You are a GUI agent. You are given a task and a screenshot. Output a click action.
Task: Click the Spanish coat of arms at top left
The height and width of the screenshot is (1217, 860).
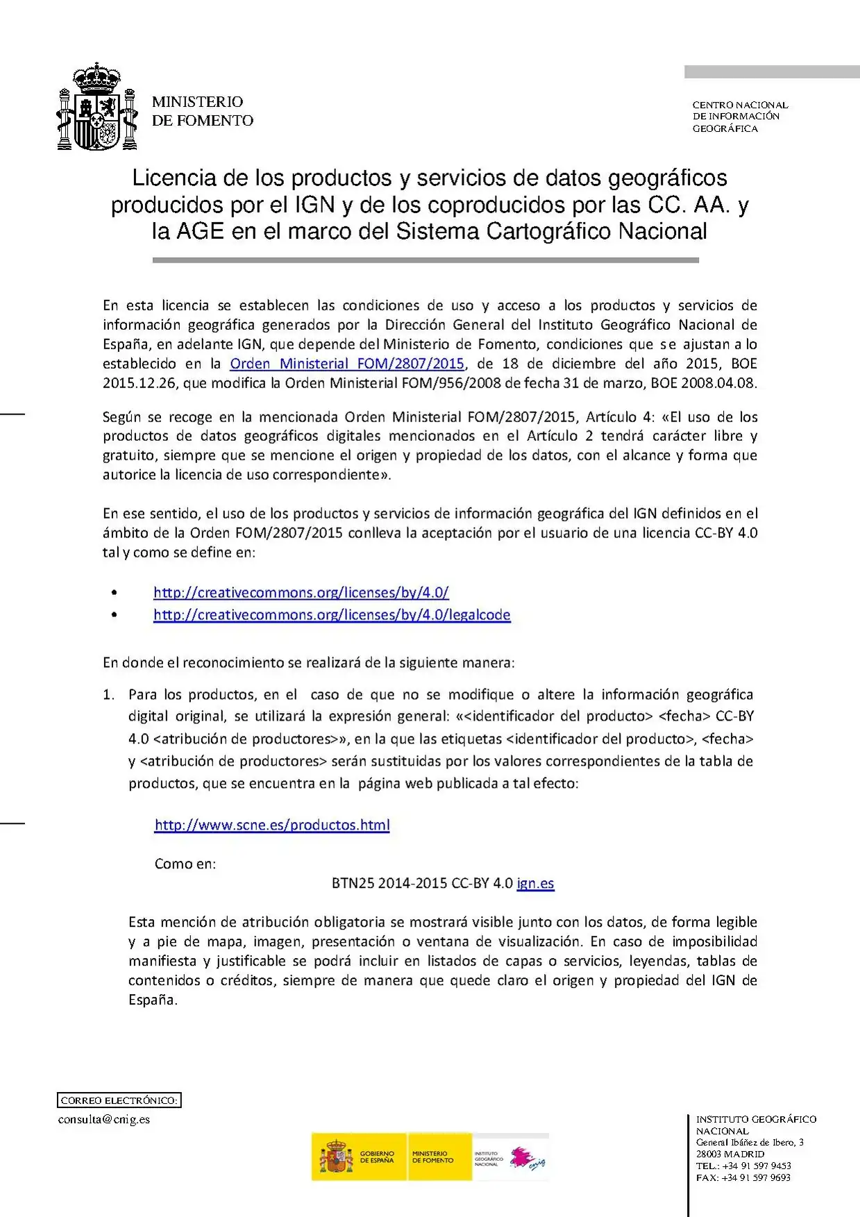(x=96, y=108)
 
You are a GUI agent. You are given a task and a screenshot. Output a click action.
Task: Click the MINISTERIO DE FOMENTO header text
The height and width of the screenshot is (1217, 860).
(x=202, y=111)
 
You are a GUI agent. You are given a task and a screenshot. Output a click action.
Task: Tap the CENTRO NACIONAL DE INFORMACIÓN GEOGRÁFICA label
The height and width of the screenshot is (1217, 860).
(x=739, y=117)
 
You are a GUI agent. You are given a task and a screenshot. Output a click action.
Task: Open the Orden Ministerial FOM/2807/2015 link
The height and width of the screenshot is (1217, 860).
(x=347, y=364)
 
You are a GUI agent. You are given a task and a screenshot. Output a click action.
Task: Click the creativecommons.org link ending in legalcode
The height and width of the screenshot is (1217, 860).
(x=332, y=615)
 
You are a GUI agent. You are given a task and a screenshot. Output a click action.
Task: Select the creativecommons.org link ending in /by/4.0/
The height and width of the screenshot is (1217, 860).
(x=301, y=593)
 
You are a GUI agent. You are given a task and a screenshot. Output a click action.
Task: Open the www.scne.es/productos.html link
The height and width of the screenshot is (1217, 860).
(x=272, y=825)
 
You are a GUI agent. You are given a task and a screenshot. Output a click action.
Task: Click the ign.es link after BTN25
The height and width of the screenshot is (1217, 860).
(x=535, y=884)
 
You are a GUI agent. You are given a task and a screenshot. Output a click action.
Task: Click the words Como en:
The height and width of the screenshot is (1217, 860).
(x=185, y=864)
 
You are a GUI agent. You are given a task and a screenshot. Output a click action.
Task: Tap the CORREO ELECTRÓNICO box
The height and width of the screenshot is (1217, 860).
(x=119, y=1100)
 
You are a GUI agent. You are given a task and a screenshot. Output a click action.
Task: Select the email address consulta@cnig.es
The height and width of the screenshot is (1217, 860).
(x=104, y=1119)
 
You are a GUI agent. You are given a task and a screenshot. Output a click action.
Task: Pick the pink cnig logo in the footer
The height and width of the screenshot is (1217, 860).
(x=528, y=1157)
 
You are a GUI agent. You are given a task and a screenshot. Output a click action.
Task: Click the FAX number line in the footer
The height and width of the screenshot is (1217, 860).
(x=743, y=1177)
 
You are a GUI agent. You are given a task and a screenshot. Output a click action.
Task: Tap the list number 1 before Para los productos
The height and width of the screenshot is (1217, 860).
(x=108, y=695)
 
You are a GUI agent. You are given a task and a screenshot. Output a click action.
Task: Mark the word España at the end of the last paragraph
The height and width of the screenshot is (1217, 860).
(x=153, y=1000)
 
